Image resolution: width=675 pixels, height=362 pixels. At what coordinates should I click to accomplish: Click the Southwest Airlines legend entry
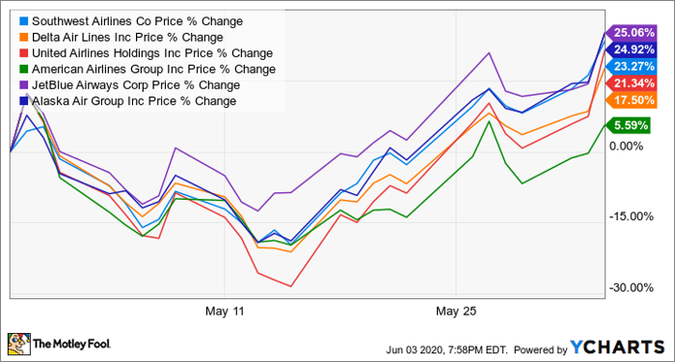[x=131, y=21]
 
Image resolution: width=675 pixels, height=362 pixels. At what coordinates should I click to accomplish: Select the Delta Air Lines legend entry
[x=121, y=37]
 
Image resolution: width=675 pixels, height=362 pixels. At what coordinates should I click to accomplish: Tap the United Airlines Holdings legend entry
[x=147, y=53]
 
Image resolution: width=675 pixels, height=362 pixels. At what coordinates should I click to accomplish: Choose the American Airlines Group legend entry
[x=148, y=69]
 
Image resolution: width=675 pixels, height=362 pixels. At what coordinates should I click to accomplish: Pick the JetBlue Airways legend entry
[x=130, y=85]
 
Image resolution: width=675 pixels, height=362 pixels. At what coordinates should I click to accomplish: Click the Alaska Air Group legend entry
[x=128, y=100]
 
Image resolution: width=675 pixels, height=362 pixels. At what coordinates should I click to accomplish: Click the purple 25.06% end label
[x=631, y=32]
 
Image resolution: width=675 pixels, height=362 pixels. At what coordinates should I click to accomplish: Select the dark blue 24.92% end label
[x=631, y=49]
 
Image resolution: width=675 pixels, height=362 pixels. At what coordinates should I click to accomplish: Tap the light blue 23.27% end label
[x=631, y=67]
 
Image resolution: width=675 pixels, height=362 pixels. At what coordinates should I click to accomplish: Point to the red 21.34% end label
[x=631, y=84]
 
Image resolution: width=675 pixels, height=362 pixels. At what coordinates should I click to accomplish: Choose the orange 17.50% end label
[x=631, y=100]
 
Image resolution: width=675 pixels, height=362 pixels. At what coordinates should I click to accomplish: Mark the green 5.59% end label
[x=627, y=125]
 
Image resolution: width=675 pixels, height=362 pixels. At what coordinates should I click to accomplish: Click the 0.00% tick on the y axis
[x=628, y=147]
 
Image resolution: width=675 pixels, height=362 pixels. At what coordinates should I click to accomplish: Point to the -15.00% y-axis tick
[x=631, y=216]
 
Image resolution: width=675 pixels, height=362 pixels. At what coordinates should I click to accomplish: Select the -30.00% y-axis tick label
[x=631, y=288]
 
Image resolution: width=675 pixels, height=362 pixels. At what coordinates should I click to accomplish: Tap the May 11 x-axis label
[x=225, y=310]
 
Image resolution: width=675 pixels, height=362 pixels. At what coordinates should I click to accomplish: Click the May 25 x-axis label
[x=456, y=310]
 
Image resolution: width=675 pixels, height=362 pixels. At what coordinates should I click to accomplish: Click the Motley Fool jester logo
[x=19, y=345]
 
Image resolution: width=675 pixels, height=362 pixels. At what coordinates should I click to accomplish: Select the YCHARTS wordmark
[x=617, y=347]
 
